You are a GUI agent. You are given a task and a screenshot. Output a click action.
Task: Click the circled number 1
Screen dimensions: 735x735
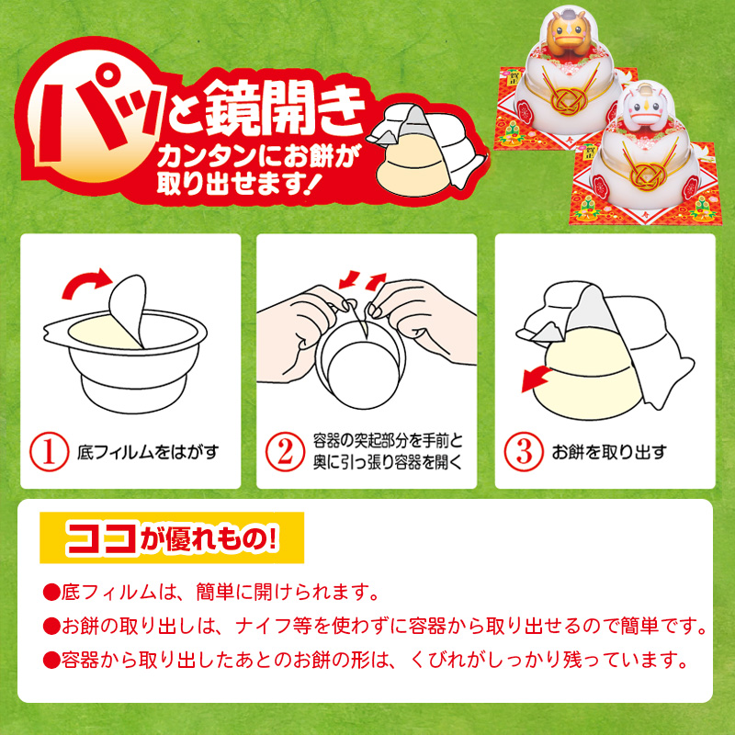(x=50, y=451)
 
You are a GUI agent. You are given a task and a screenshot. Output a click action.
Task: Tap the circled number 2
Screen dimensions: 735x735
(x=285, y=451)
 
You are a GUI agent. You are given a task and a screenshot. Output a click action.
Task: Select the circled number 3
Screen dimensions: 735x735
(x=524, y=451)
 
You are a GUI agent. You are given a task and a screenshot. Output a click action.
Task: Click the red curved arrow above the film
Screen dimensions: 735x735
(x=86, y=283)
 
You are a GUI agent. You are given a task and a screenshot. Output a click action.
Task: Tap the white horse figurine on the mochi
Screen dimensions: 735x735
(x=647, y=106)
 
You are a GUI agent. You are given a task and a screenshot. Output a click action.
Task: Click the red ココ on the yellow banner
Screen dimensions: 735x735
(x=102, y=537)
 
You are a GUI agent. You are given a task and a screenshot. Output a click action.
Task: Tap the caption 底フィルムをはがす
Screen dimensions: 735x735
(x=148, y=452)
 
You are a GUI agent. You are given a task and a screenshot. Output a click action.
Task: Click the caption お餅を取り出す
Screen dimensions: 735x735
(x=609, y=452)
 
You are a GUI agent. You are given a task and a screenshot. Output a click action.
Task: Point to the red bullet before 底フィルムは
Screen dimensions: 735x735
(x=51, y=593)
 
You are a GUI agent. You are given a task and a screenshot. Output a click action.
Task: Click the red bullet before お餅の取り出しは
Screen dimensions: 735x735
(x=51, y=627)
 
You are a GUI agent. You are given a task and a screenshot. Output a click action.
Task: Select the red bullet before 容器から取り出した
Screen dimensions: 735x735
(x=51, y=661)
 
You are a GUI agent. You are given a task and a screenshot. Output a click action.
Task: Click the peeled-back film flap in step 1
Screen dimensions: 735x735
(x=128, y=310)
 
